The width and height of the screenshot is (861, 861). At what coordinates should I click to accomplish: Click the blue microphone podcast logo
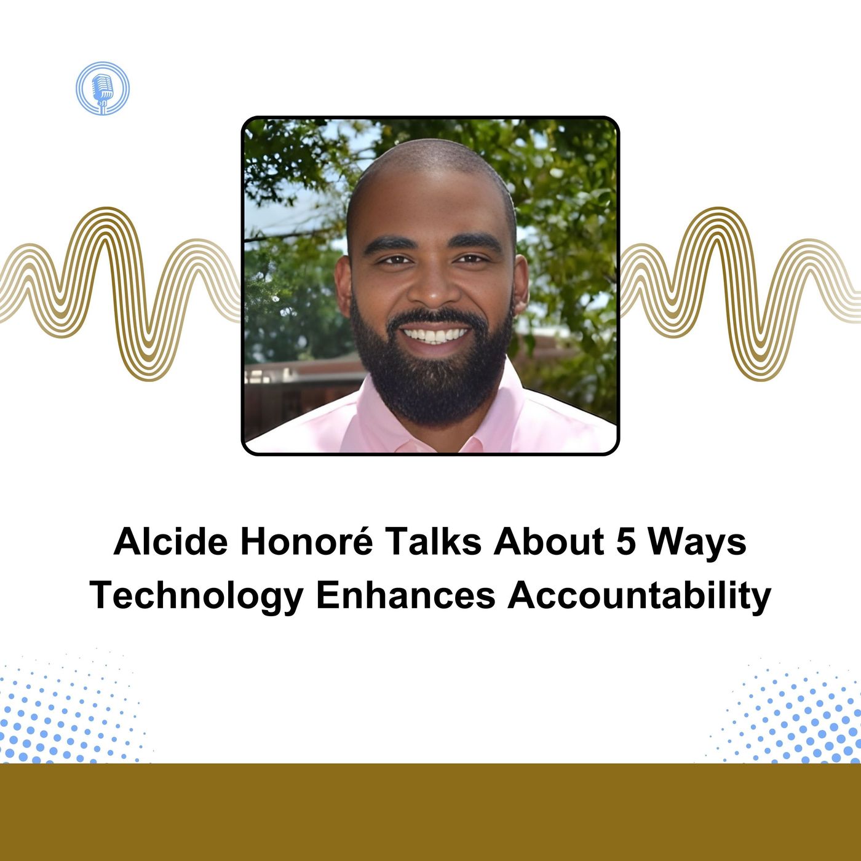[x=102, y=89]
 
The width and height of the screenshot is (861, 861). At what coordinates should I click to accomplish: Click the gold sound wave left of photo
[x=120, y=293]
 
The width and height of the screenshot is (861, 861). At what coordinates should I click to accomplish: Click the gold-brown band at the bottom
[x=430, y=812]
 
